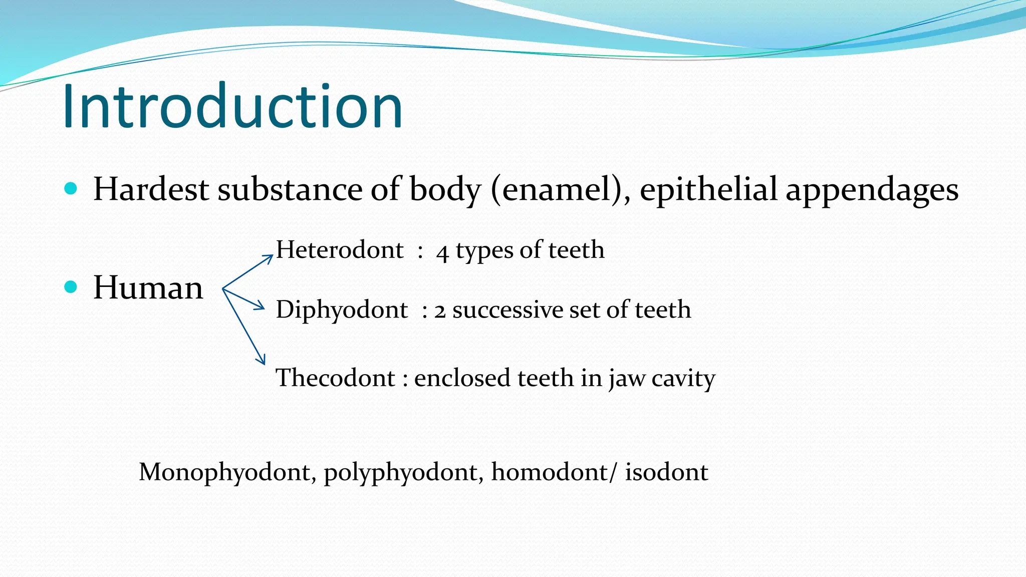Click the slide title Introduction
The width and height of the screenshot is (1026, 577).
point(232,106)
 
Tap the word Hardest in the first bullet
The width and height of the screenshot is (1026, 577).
point(151,189)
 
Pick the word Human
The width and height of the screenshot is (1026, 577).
point(148,287)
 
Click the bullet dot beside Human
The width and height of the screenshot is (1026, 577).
point(71,286)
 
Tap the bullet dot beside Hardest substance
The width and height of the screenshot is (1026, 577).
point(71,188)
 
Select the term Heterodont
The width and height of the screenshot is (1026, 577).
point(340,249)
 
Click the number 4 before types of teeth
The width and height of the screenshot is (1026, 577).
point(442,252)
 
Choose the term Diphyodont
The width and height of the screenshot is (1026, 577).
point(342,310)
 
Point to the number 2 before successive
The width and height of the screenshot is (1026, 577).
point(440,311)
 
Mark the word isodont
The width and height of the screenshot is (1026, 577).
point(666,472)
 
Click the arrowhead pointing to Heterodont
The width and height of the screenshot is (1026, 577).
point(269,257)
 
